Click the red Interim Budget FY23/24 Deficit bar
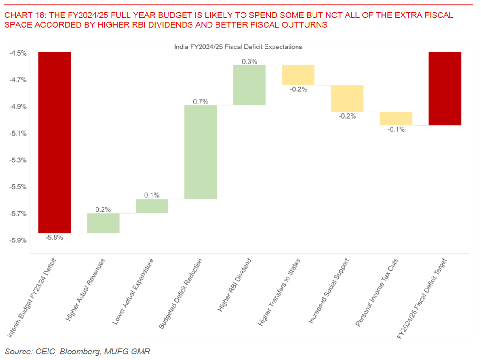click(x=55, y=142)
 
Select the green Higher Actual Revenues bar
click(x=103, y=223)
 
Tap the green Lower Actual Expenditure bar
click(x=152, y=206)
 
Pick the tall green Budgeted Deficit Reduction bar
click(x=200, y=152)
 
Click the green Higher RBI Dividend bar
click(x=249, y=85)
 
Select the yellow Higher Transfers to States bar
click(x=298, y=75)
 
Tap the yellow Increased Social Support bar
click(x=347, y=98)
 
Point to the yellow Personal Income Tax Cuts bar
click(x=396, y=118)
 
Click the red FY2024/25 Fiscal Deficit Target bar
click(x=445, y=88)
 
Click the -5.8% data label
click(x=54, y=238)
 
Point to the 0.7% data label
click(x=200, y=101)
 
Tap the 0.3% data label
click(x=249, y=61)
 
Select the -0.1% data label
click(x=396, y=129)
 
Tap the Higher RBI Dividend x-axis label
click(x=235, y=284)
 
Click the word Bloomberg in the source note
click(x=71, y=351)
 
